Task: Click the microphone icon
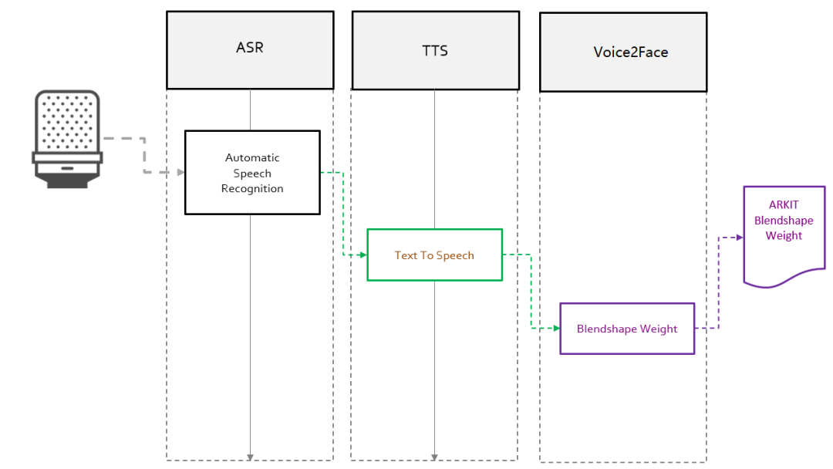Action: pyautogui.click(x=67, y=139)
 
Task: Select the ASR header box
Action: pyautogui.click(x=250, y=50)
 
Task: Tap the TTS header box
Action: pyautogui.click(x=436, y=50)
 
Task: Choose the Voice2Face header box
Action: pyautogui.click(x=623, y=52)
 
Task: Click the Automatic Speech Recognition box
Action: pyautogui.click(x=252, y=173)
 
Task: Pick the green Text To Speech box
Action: pyautogui.click(x=434, y=255)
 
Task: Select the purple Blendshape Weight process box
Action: pyautogui.click(x=627, y=329)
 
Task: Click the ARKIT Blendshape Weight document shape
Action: pyautogui.click(x=784, y=236)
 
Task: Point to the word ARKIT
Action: pyautogui.click(x=784, y=205)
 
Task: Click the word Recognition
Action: pyautogui.click(x=252, y=188)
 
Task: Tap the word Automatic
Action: pyautogui.click(x=252, y=158)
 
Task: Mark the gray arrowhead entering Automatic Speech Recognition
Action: pyautogui.click(x=180, y=172)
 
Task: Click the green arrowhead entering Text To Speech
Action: pyautogui.click(x=363, y=255)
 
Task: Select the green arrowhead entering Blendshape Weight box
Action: pyautogui.click(x=556, y=329)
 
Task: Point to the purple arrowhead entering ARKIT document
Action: pyautogui.click(x=740, y=238)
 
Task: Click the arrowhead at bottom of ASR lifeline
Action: pyautogui.click(x=250, y=457)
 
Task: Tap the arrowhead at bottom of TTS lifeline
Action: pyautogui.click(x=434, y=457)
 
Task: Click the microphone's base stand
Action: pyautogui.click(x=67, y=181)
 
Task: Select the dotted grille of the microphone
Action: pyautogui.click(x=67, y=122)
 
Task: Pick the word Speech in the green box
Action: pyautogui.click(x=455, y=256)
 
